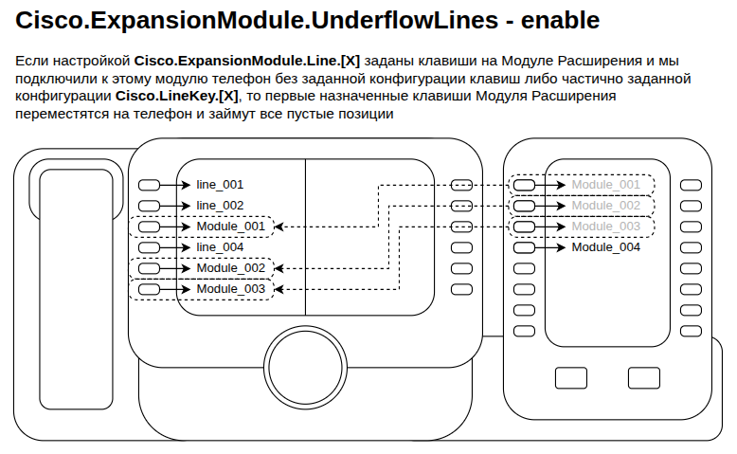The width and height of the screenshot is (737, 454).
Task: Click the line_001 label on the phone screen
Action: tap(220, 185)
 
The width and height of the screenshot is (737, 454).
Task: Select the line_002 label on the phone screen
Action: tap(220, 206)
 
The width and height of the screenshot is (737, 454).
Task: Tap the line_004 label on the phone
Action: tap(220, 247)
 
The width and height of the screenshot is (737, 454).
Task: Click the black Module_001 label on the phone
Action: tap(231, 227)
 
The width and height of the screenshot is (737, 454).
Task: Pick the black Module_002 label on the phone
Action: tap(231, 268)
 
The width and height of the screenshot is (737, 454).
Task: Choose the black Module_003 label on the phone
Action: tap(231, 289)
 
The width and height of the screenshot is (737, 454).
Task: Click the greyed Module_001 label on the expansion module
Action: tap(606, 185)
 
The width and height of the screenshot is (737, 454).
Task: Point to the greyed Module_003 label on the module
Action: tap(606, 227)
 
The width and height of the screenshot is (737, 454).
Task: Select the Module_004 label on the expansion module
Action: tap(606, 247)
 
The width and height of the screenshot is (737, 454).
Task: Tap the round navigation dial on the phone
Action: tap(306, 368)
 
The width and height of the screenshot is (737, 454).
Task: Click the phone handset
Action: tap(76, 289)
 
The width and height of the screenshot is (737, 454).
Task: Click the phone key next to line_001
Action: tap(149, 186)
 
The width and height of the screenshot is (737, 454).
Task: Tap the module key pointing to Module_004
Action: tap(524, 247)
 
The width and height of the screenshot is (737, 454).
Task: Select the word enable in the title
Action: tap(560, 20)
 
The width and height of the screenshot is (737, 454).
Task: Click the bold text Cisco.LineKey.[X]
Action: tap(177, 96)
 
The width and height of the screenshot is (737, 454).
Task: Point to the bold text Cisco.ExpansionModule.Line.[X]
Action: tap(247, 61)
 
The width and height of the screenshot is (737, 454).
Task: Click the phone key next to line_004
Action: tap(149, 247)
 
